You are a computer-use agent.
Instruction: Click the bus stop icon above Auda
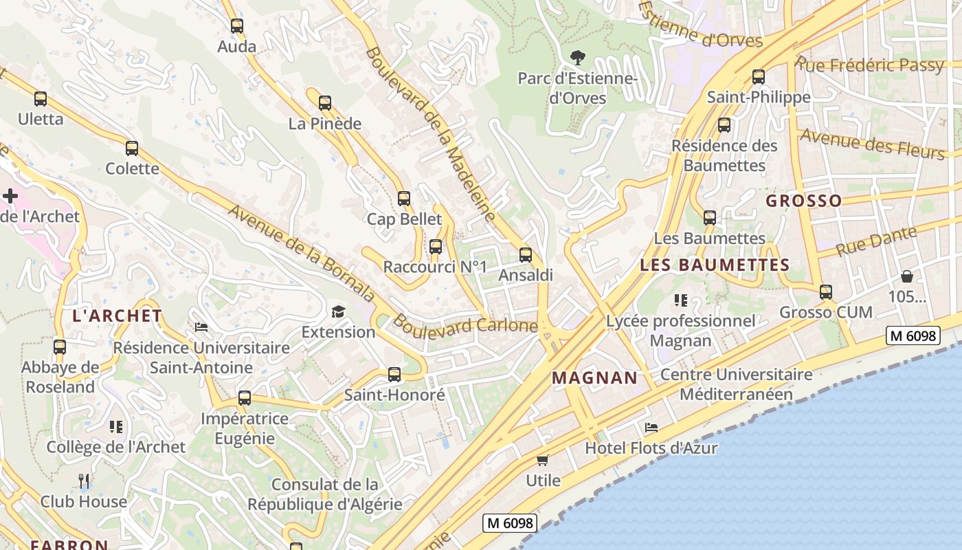click(x=237, y=26)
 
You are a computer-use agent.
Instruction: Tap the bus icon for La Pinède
click(x=325, y=103)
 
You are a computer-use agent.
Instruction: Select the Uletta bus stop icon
click(x=41, y=99)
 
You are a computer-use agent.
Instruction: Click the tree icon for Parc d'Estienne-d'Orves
click(x=578, y=58)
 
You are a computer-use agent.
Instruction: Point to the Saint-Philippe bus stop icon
click(x=759, y=77)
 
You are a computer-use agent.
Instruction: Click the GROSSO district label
click(x=803, y=201)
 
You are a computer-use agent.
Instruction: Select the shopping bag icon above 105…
click(x=907, y=277)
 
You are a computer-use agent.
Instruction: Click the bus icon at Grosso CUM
click(x=826, y=292)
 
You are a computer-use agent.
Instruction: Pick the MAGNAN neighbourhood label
click(x=595, y=377)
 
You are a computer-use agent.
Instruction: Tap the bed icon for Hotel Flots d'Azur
click(x=651, y=428)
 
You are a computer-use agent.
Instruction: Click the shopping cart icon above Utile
click(x=543, y=460)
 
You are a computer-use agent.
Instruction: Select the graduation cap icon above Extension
click(x=338, y=312)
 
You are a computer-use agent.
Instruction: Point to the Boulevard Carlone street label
click(x=465, y=324)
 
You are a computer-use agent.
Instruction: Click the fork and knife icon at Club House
click(x=84, y=481)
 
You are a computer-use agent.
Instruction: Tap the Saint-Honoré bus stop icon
click(x=394, y=375)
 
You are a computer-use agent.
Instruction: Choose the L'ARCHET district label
click(x=118, y=316)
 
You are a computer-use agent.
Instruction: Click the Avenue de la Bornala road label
click(x=302, y=254)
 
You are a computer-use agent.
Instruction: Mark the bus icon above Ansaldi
click(x=526, y=255)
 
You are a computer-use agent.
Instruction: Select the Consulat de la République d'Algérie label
click(x=325, y=494)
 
